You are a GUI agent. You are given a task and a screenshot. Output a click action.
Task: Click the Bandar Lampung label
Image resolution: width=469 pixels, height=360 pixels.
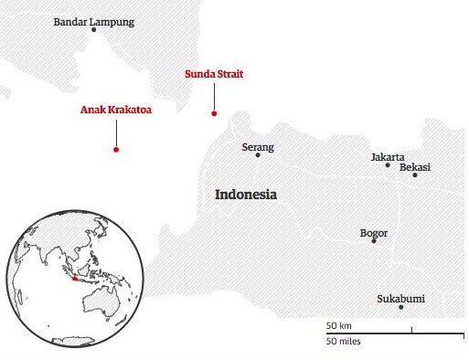(93, 20)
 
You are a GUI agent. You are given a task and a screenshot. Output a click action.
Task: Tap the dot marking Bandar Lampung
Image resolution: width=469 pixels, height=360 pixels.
(93, 30)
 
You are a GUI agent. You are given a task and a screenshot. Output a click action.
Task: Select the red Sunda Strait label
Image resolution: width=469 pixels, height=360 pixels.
(214, 72)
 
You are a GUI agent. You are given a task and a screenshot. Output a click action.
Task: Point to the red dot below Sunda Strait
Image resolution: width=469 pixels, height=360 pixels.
(214, 113)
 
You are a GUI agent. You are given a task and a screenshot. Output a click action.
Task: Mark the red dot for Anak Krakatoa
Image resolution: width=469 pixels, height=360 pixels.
(115, 150)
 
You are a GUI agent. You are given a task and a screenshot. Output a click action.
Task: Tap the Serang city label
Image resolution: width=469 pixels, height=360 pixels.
(257, 146)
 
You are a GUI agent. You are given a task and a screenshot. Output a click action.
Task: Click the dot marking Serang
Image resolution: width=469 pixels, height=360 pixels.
(258, 155)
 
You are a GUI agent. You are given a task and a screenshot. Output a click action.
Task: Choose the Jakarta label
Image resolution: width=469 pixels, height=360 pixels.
(388, 156)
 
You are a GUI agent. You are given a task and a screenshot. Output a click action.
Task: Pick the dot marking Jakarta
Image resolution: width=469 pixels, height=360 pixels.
(388, 165)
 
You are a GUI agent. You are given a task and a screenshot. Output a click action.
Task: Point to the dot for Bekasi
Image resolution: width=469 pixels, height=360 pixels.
(414, 175)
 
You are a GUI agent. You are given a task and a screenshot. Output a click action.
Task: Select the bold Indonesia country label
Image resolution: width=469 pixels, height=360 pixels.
(245, 195)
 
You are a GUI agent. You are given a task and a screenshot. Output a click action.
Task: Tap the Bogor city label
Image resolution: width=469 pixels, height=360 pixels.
(374, 233)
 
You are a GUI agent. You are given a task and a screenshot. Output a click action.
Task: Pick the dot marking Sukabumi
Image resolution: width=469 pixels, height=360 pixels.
(401, 308)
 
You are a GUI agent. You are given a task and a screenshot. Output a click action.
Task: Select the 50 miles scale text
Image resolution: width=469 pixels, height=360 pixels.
(344, 341)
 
